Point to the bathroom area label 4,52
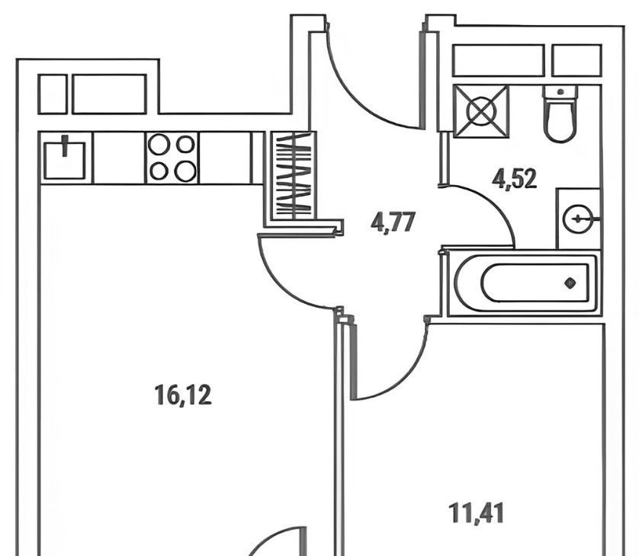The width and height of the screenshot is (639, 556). pos(515,179)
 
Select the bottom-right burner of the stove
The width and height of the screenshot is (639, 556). pos(185,171)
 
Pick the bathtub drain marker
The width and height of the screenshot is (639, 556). pos(570,283)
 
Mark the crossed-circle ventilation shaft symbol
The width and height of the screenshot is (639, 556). pos(480,110)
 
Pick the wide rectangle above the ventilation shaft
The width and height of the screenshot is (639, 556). pos(498,60)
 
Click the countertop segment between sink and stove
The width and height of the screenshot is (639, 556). pos(118,158)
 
